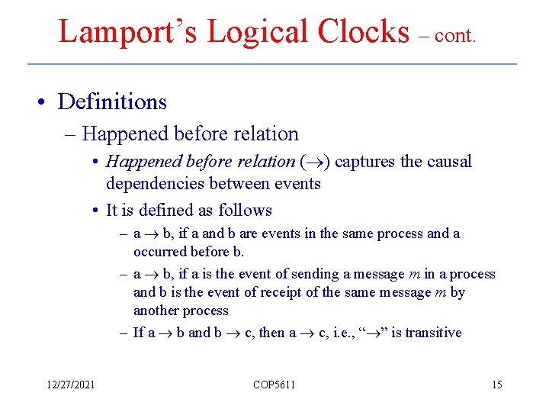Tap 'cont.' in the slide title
[455, 36]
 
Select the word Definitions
[112, 101]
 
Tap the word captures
[364, 162]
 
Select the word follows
[245, 210]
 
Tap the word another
[158, 311]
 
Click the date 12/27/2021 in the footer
[69, 385]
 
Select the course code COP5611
[274, 385]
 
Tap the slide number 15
[497, 385]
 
